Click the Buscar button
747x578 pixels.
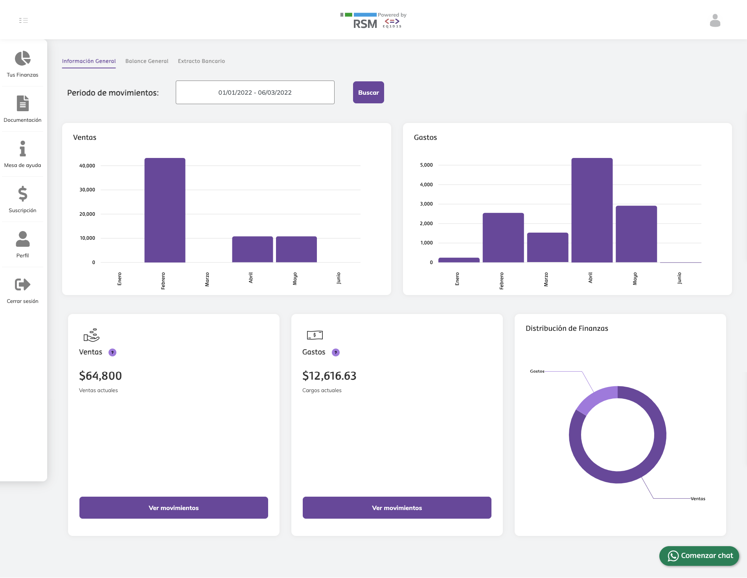pos(368,92)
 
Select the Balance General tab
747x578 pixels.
pos(147,61)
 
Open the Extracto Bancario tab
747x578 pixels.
pos(201,61)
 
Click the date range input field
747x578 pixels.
pos(255,92)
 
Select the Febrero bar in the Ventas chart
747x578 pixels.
pos(165,210)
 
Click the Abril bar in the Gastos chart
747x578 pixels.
pos(592,210)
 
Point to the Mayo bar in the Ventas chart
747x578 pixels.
pos(296,249)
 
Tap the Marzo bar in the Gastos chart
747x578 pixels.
pos(547,247)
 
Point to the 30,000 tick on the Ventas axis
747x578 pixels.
pos(87,190)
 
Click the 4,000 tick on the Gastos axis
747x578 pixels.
pos(426,184)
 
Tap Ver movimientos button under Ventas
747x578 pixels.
pos(173,508)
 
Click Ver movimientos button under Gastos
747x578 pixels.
pos(397,508)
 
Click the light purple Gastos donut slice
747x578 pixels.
pos(595,398)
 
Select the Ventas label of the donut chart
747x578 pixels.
pos(698,499)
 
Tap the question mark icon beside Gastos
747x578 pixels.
pos(335,352)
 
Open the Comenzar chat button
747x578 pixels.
pos(699,556)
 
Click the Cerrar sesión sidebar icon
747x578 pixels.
pos(22,284)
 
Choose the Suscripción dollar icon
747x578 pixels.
pos(22,194)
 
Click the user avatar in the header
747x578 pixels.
pos(715,20)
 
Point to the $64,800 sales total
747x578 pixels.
pos(100,376)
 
